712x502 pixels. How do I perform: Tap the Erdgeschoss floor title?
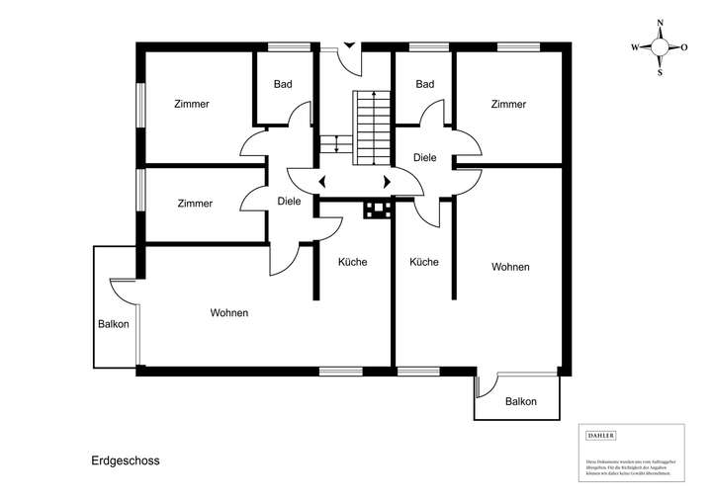125,460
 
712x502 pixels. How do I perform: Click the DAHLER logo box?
601,435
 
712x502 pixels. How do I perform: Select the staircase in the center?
372,125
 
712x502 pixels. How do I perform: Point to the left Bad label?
283,85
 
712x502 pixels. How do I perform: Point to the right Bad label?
425,85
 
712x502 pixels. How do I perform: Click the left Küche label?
353,262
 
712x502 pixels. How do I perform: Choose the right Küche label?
424,262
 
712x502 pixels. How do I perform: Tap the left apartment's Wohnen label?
228,312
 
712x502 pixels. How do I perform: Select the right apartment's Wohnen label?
510,267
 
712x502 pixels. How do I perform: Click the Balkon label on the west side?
114,325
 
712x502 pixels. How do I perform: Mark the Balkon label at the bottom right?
521,401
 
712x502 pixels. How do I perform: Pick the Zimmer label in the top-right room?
507,104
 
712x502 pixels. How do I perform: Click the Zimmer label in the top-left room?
191,104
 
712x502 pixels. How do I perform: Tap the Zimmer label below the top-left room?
195,204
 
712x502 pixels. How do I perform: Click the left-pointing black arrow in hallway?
323,182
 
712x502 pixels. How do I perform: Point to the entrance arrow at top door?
348,43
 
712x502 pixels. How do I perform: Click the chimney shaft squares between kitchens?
378,209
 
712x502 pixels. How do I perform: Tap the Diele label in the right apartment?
425,156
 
